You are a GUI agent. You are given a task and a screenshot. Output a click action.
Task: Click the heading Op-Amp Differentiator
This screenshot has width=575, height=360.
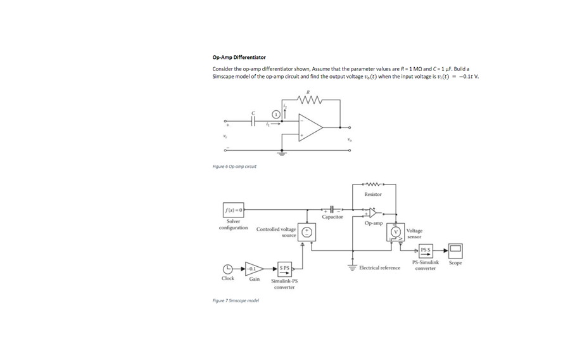(x=239, y=58)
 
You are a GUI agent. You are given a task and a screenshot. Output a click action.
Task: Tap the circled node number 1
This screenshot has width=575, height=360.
(x=276, y=113)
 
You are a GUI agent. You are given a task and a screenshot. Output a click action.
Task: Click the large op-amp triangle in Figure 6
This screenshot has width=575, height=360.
(x=310, y=128)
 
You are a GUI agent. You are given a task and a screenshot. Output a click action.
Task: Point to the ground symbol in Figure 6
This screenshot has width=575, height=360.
(x=282, y=153)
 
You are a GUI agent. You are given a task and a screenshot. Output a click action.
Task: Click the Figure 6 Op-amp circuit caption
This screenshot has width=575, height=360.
(x=234, y=167)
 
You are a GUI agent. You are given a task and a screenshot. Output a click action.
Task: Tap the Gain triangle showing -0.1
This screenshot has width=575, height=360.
(x=253, y=269)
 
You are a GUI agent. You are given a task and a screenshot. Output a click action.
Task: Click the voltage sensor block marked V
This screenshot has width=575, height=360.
(x=396, y=233)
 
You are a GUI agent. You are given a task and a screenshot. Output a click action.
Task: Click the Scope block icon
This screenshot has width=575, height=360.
(x=455, y=251)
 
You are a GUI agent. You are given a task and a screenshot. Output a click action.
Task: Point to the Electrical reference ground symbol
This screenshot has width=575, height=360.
(x=353, y=268)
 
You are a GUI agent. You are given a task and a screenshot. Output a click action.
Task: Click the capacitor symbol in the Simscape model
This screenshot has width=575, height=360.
(x=332, y=209)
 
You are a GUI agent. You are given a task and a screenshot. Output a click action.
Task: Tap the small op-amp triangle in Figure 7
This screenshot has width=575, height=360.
(x=372, y=212)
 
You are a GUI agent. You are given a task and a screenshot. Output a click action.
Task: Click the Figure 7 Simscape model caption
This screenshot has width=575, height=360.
(x=236, y=300)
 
